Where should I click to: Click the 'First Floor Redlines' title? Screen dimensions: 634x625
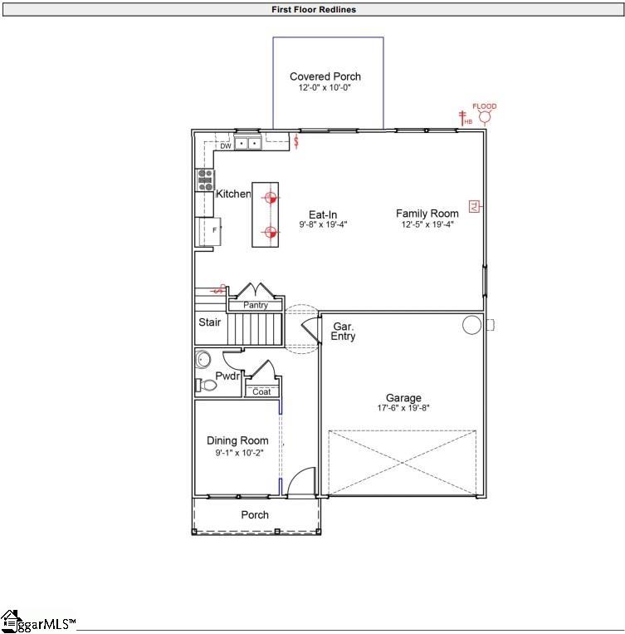pyautogui.click(x=314, y=10)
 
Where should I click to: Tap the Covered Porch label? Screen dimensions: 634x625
pyautogui.click(x=325, y=76)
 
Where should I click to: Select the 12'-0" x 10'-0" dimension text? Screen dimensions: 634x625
pyautogui.click(x=325, y=87)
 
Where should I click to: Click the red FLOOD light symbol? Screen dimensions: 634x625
pyautogui.click(x=485, y=117)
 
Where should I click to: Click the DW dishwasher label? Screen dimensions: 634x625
pyautogui.click(x=225, y=145)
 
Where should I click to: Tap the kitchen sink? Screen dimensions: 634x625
pyautogui.click(x=247, y=144)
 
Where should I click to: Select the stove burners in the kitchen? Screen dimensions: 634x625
pyautogui.click(x=204, y=179)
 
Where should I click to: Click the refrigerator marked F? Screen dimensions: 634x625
pyautogui.click(x=208, y=230)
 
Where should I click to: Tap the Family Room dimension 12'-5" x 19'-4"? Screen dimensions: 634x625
pyautogui.click(x=427, y=224)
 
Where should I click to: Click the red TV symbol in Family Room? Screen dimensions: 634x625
pyautogui.click(x=474, y=206)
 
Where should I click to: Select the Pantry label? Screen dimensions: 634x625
pyautogui.click(x=256, y=306)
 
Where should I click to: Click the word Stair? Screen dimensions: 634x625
pyautogui.click(x=209, y=322)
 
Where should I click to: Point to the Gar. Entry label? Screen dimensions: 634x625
pyautogui.click(x=344, y=332)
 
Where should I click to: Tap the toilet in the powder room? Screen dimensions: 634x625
pyautogui.click(x=201, y=385)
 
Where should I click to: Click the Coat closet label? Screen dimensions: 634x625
pyautogui.click(x=261, y=391)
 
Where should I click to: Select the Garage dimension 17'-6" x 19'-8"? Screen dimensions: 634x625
pyautogui.click(x=403, y=408)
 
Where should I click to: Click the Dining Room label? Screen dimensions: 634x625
pyautogui.click(x=237, y=440)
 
